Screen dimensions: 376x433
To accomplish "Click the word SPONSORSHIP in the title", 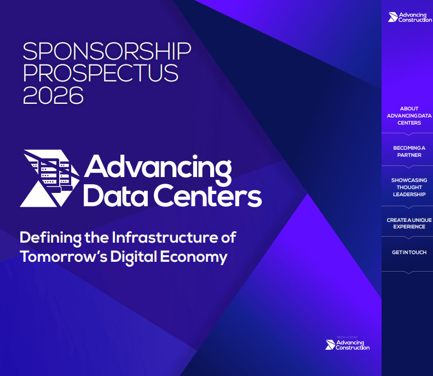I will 107,51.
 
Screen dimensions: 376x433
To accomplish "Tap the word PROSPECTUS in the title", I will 101,73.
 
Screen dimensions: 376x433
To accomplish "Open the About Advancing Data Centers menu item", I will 409,116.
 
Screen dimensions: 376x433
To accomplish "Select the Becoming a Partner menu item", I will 409,151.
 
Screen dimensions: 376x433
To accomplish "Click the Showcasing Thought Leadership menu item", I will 409,187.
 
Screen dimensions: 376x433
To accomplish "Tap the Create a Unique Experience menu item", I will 409,223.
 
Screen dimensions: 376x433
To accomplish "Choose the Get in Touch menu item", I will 409,252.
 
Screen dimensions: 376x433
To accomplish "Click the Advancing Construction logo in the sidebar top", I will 409,17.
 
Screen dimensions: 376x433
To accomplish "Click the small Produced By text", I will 348,337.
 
